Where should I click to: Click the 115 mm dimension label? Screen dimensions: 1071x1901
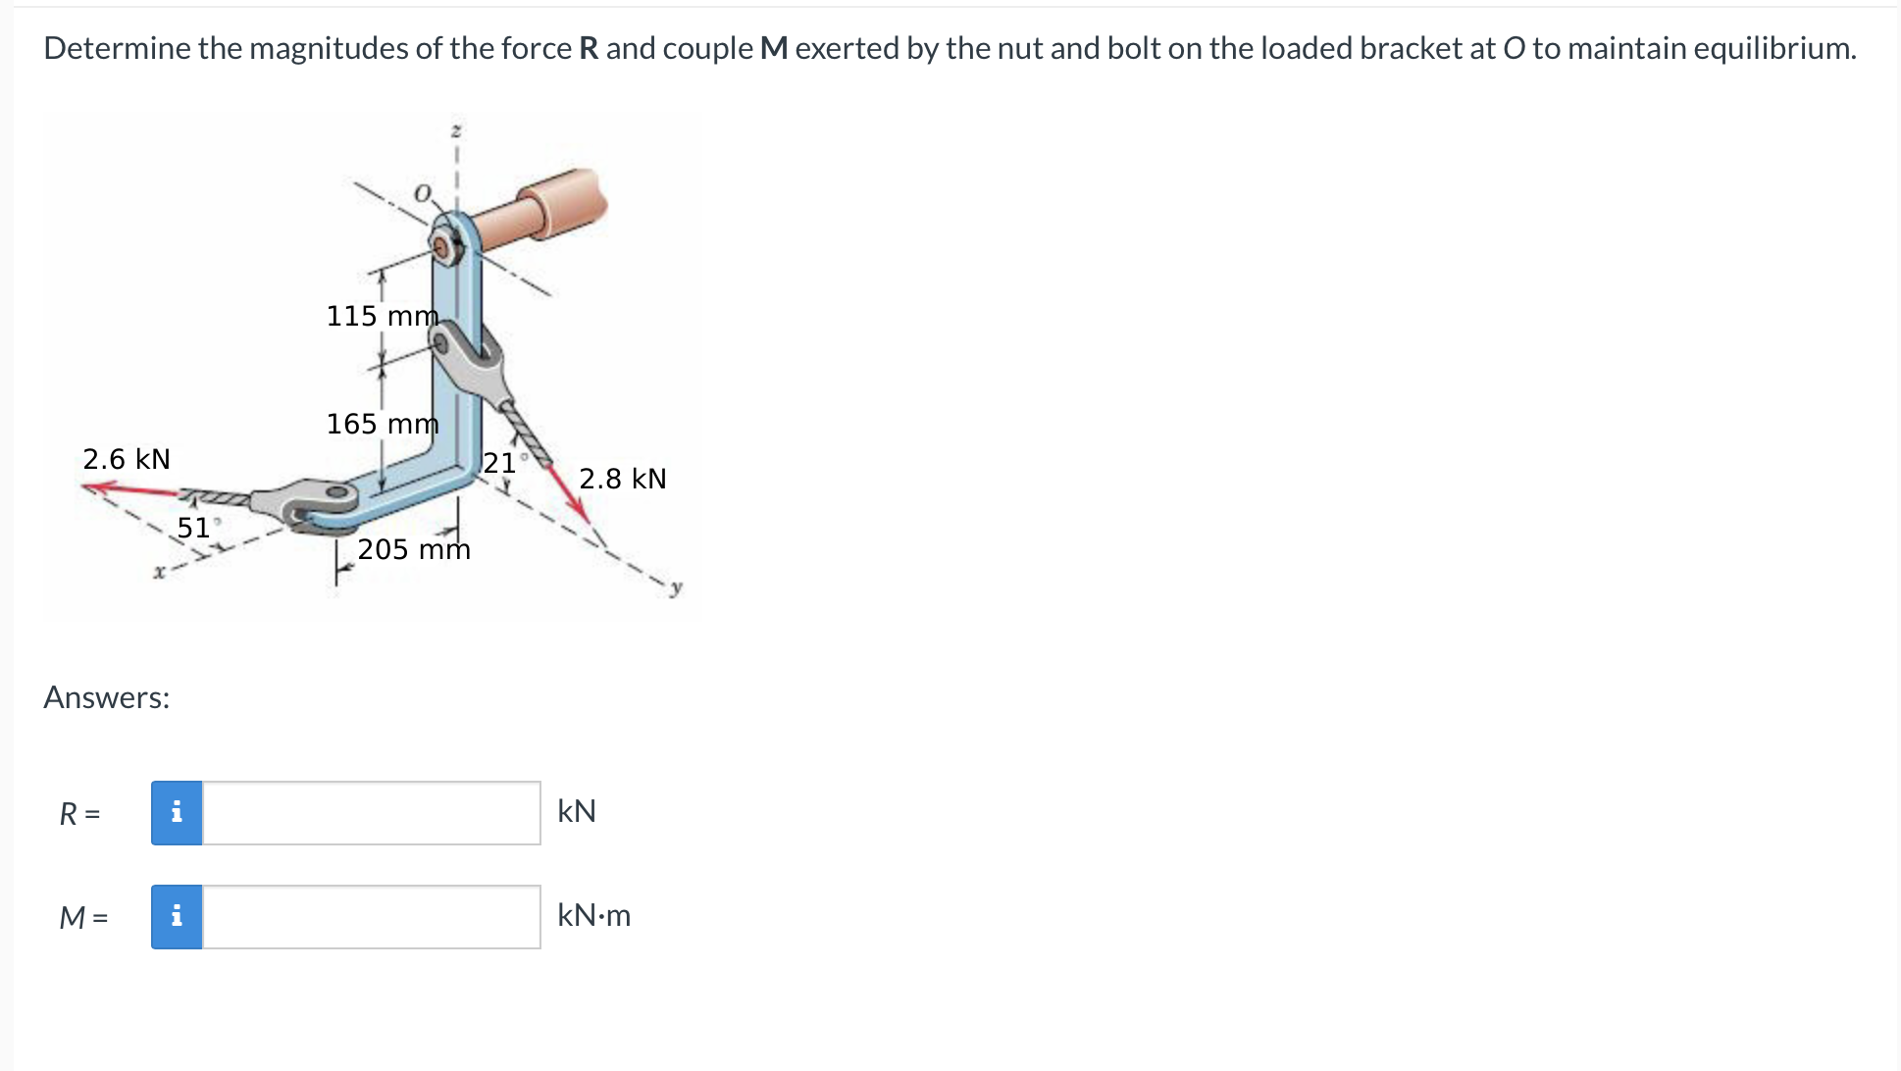382,316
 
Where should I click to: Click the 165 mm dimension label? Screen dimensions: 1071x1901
382,424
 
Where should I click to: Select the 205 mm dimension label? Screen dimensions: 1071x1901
414,549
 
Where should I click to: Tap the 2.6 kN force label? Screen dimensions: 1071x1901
127,459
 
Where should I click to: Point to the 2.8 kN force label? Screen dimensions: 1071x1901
623,479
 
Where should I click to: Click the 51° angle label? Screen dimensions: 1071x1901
195,528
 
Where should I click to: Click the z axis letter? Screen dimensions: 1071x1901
455,129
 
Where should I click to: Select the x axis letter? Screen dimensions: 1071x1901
157,573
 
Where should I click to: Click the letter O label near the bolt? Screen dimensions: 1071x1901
422,193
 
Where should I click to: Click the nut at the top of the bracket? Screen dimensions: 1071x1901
445,246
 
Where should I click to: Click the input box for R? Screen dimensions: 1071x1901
371,813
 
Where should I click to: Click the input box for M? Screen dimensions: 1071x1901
371,917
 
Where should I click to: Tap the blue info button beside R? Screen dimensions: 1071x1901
177,813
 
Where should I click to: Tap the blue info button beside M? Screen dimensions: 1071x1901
177,917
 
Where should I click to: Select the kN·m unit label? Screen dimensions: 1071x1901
593,916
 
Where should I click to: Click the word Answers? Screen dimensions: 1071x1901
106,697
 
